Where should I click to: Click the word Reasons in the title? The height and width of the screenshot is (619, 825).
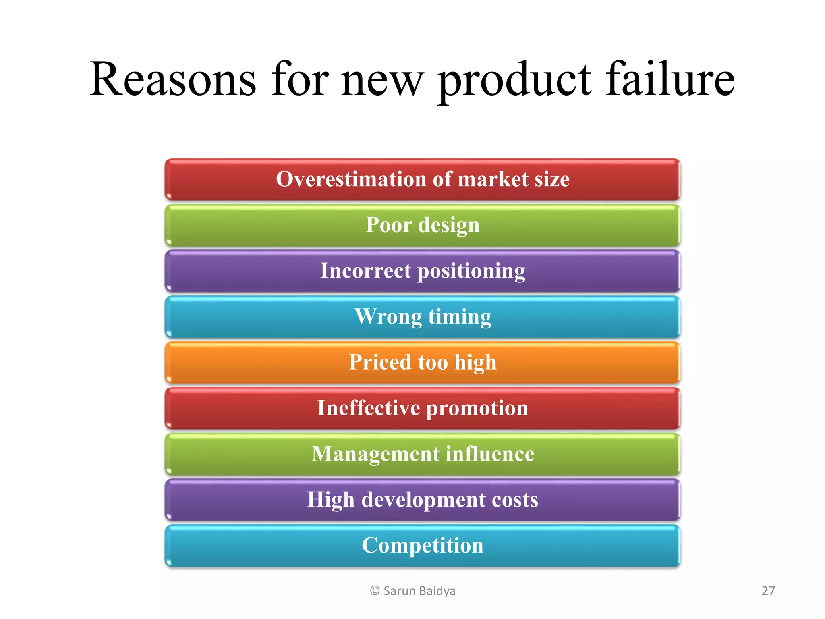pyautogui.click(x=172, y=79)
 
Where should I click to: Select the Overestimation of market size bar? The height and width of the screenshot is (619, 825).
pyautogui.click(x=423, y=180)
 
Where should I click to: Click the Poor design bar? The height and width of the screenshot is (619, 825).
pyautogui.click(x=423, y=225)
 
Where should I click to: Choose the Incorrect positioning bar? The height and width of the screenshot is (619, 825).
pyautogui.click(x=423, y=271)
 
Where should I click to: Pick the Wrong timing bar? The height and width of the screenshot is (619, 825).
pyautogui.click(x=423, y=317)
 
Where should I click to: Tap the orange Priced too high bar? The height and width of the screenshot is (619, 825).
pyautogui.click(x=423, y=363)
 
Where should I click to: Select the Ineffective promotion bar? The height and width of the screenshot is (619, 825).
pyautogui.click(x=423, y=408)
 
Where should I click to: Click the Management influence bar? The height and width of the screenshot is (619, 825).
pyautogui.click(x=423, y=454)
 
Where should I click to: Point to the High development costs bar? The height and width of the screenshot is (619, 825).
pyautogui.click(x=423, y=500)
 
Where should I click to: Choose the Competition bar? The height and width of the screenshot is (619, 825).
pyautogui.click(x=423, y=546)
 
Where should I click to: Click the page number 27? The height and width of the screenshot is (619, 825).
pyautogui.click(x=768, y=591)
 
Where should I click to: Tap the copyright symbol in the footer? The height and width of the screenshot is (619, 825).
pyautogui.click(x=375, y=591)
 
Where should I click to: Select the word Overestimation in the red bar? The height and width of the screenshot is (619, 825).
pyautogui.click(x=351, y=179)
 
